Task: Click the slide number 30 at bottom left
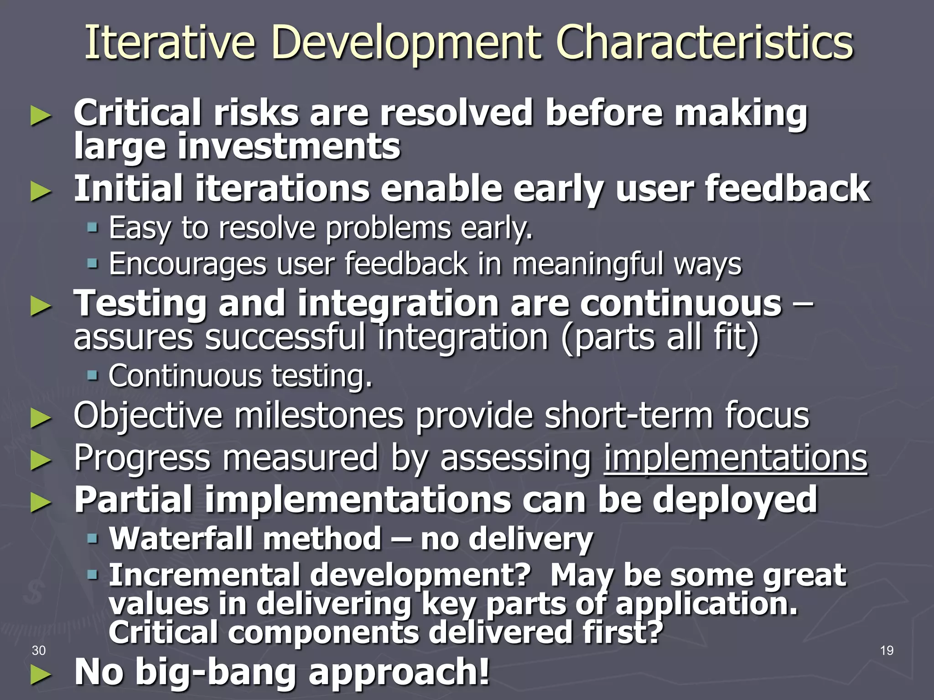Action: pos(39,650)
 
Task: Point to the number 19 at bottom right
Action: pos(887,650)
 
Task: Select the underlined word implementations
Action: pos(735,458)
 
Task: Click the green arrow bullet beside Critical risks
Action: pos(41,117)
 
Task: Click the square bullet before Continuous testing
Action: pos(93,376)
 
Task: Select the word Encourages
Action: pos(187,264)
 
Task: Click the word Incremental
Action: pos(204,575)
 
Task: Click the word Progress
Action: pos(142,458)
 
